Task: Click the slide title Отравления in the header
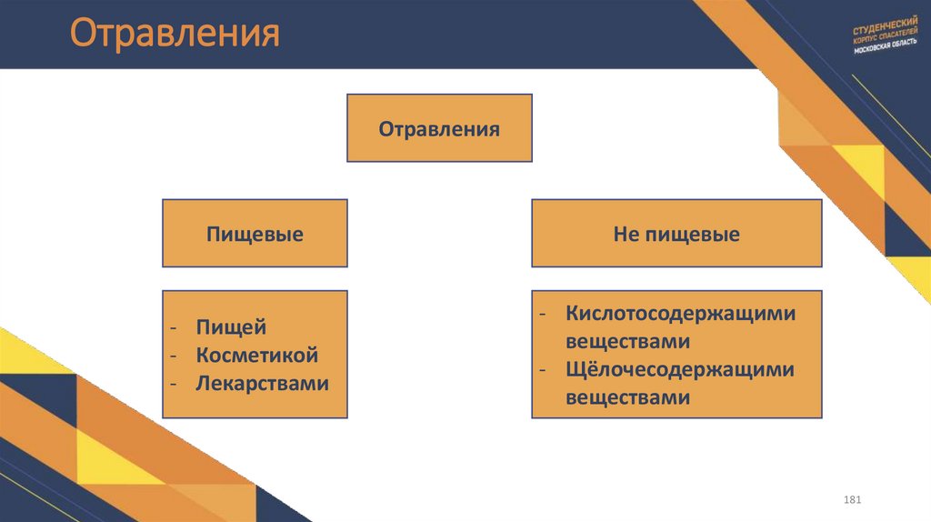tap(175, 35)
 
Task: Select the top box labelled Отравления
tap(439, 128)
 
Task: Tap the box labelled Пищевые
tap(255, 235)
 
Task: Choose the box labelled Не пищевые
tap(676, 235)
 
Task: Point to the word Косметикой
tap(256, 356)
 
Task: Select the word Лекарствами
tap(262, 383)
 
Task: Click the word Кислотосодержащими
tap(680, 314)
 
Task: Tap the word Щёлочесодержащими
tap(680, 370)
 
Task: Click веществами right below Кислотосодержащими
tap(627, 342)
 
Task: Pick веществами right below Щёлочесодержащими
tap(627, 397)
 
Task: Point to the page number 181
tap(852, 501)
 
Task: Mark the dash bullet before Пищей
tap(173, 328)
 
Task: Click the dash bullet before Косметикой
tap(173, 356)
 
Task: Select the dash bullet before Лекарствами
tap(173, 384)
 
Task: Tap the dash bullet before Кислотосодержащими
tap(542, 315)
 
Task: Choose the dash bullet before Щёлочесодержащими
tap(542, 371)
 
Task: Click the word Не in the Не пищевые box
tap(626, 235)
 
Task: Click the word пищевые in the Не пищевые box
tap(692, 235)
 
